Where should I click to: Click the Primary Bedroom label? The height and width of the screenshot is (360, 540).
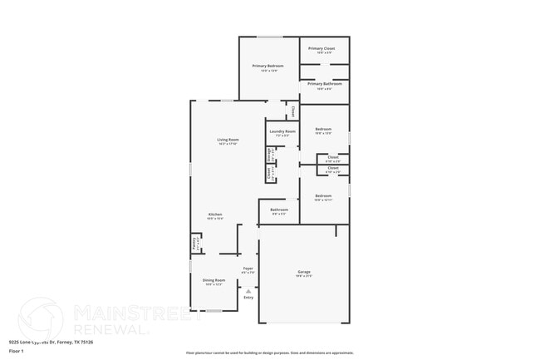pos(268,66)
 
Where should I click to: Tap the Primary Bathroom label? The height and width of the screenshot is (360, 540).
pos(323,84)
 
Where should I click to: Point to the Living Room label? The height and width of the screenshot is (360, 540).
pos(228,140)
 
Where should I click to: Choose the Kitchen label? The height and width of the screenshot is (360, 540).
pos(215,215)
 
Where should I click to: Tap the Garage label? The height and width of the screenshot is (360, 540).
pos(304,272)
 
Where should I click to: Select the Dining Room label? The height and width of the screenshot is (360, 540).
pos(214,281)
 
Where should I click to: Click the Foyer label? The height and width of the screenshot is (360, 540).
pos(248,269)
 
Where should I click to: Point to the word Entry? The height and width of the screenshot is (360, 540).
pos(248,298)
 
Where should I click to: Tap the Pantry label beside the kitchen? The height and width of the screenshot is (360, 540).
pos(195,244)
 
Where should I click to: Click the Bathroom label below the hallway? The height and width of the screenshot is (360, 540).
pos(279,210)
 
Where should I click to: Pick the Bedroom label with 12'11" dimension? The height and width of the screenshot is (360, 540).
pos(323,196)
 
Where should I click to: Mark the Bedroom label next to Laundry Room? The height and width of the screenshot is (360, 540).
pos(323,129)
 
